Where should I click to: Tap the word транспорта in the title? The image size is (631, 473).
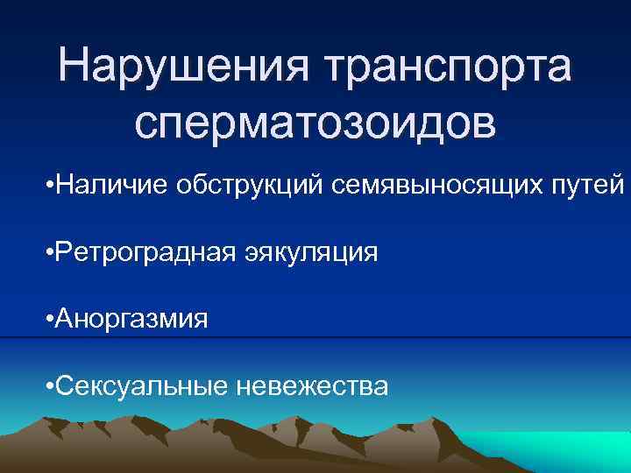[448, 68]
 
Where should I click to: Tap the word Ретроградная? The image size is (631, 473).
[144, 254]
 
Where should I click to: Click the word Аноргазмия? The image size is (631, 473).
[131, 319]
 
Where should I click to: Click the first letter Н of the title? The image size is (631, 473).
[74, 68]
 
